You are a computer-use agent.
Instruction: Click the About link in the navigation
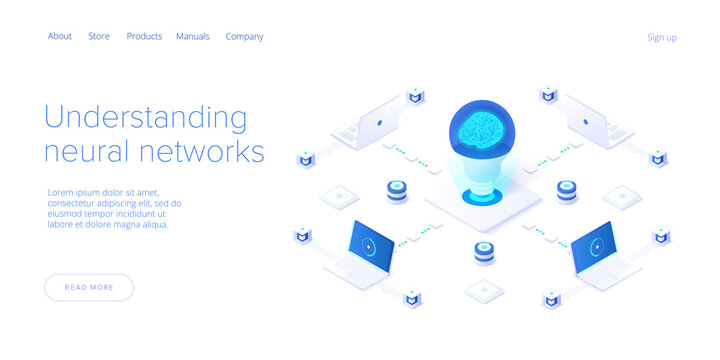[x=60, y=36]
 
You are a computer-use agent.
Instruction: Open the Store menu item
[x=99, y=36]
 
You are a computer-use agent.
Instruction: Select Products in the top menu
[x=144, y=36]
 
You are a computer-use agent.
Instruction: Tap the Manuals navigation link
[x=193, y=36]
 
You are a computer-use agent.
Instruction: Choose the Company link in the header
[x=244, y=36]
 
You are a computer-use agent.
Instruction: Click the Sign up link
[x=662, y=37]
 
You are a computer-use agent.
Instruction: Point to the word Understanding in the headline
[x=145, y=117]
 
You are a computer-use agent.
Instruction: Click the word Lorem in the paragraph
[x=61, y=192]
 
